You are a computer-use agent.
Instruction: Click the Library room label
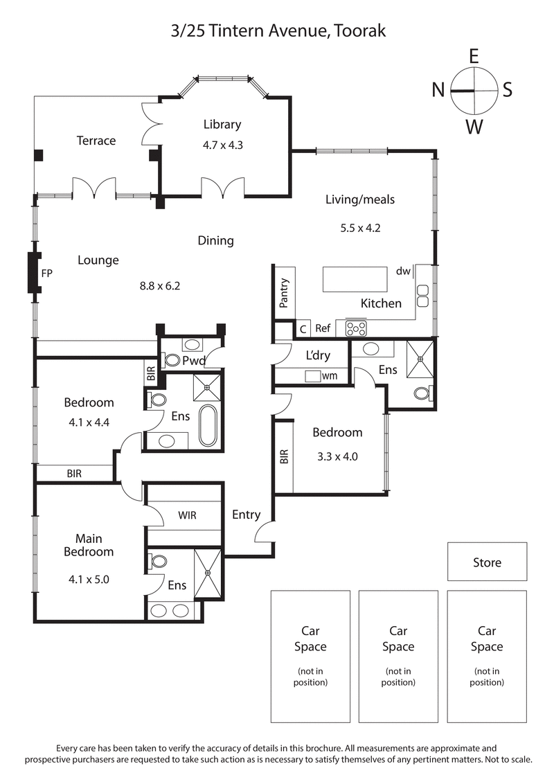222,125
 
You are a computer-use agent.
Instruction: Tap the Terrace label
96,141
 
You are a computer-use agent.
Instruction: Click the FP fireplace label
47,273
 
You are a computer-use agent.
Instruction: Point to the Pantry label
283,292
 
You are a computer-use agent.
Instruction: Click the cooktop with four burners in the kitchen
355,328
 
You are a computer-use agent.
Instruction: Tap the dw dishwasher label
404,271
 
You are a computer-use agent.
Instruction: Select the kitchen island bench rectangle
354,280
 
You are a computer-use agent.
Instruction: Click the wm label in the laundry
329,375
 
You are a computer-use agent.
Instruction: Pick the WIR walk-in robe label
188,515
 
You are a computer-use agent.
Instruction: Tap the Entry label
246,515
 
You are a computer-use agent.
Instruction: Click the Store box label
487,562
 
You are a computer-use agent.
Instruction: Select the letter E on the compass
474,55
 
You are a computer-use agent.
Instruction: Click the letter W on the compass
474,127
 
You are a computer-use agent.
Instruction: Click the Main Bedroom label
89,545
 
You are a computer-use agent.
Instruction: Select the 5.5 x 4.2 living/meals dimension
360,226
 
